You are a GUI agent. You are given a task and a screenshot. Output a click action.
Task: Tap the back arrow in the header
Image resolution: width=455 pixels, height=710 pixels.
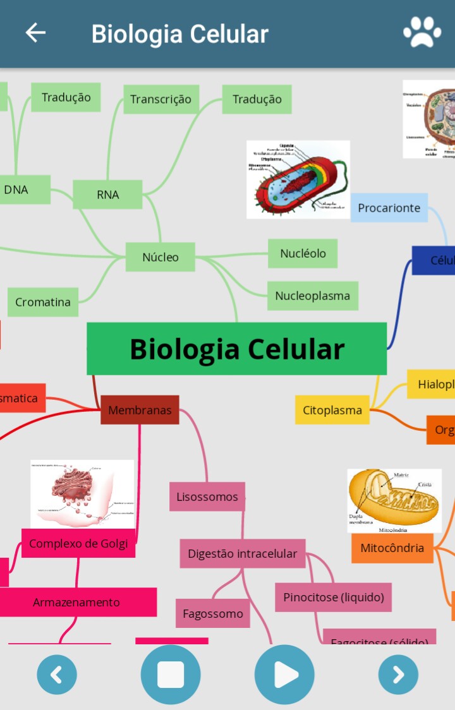point(35,33)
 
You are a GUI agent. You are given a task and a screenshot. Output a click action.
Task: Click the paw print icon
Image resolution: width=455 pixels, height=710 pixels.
point(422,33)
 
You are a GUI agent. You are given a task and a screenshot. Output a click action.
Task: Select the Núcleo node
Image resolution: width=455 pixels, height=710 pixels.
point(161,257)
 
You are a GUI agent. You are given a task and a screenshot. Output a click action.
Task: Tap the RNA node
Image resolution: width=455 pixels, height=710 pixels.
point(107,195)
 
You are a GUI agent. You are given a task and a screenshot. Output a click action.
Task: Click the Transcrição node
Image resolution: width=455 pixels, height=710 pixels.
point(161,99)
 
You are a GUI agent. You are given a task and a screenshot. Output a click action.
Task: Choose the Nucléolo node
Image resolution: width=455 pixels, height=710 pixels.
point(303,253)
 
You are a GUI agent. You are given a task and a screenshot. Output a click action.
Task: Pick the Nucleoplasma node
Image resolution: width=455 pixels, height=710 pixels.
point(312,296)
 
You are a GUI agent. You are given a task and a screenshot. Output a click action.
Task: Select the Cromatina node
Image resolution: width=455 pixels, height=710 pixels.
point(43,302)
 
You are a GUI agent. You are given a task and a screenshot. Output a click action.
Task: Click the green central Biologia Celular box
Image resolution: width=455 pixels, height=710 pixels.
point(236,349)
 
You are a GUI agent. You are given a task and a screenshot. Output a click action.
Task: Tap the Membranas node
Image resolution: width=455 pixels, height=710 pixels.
point(140,410)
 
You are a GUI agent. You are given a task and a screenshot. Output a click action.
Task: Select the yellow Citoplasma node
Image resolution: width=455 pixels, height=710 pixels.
point(332,410)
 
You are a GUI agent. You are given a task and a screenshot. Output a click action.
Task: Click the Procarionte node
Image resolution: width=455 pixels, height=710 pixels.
point(389,208)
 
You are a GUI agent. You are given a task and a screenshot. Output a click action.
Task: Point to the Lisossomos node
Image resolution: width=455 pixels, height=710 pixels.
point(207,496)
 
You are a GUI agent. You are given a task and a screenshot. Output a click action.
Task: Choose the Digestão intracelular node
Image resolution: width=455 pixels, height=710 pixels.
point(242,553)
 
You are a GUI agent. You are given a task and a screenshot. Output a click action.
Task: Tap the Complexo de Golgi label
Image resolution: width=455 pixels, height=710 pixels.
point(78,543)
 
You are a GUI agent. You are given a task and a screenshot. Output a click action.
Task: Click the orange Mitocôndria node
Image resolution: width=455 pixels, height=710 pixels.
point(392,548)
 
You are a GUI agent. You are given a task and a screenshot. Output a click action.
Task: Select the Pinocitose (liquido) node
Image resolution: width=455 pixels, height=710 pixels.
point(333,597)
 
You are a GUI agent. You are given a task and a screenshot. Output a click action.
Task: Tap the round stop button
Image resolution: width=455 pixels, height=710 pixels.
point(171,675)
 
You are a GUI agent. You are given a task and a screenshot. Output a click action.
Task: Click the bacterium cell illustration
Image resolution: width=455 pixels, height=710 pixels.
point(298,179)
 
